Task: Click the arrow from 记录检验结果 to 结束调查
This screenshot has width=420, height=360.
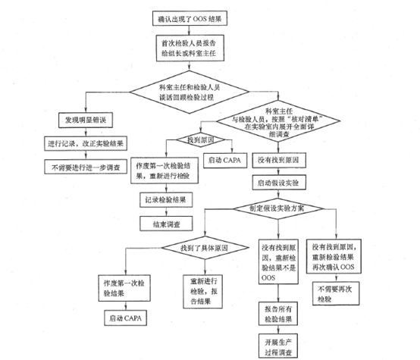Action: tap(164, 212)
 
